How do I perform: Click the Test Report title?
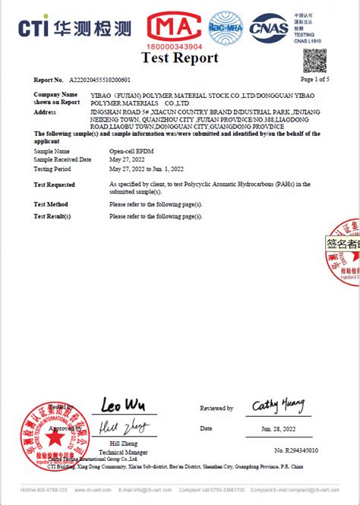tap(180, 58)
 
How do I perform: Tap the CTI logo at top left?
tap(76, 28)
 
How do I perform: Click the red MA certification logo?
tap(176, 27)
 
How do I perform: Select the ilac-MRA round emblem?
tap(226, 28)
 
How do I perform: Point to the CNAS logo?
tap(270, 28)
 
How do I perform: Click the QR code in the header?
tap(316, 60)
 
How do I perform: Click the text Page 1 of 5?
tap(315, 79)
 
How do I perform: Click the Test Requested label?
tap(55, 185)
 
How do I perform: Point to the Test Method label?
tap(51, 204)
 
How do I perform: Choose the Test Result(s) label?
tap(52, 216)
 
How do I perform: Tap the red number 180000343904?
tap(175, 46)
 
